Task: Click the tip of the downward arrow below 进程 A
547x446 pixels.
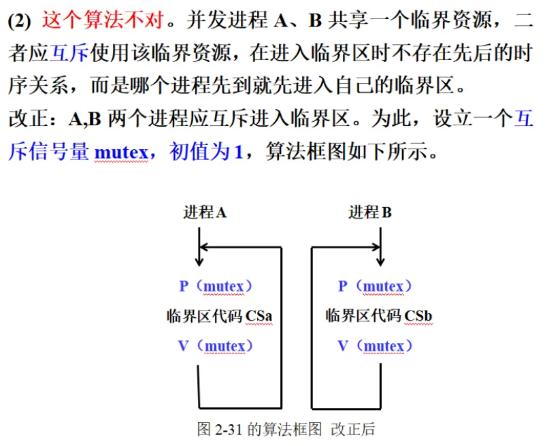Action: [199, 266]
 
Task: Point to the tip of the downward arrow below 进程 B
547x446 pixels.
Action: [380, 266]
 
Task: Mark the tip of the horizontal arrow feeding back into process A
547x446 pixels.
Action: [199, 247]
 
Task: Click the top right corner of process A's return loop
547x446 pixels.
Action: [281, 248]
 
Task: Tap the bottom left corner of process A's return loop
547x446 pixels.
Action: [199, 408]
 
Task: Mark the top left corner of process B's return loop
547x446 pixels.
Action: [312, 248]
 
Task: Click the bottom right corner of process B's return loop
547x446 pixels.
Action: [380, 409]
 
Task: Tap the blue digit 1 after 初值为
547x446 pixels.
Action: [239, 153]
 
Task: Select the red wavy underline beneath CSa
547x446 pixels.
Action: [259, 325]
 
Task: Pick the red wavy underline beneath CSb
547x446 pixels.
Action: [418, 325]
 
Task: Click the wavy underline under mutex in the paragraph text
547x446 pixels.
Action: [122, 161]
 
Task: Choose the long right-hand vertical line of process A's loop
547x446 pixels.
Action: [281, 328]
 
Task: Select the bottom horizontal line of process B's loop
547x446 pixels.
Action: [346, 409]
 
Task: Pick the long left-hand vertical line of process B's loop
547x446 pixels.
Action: [312, 328]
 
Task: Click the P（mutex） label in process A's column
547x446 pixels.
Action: [216, 287]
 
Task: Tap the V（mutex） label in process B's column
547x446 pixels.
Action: [375, 346]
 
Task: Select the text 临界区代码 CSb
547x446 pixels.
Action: [379, 316]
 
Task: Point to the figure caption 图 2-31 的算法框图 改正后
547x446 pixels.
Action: [286, 429]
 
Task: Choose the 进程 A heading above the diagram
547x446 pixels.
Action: [205, 212]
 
